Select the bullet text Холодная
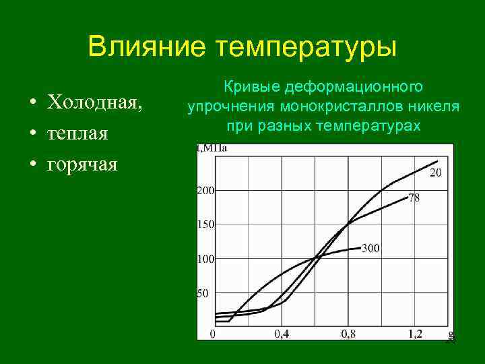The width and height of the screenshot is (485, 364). [94, 102]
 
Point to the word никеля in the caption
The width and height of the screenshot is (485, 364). [437, 107]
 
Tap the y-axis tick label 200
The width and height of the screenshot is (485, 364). [205, 191]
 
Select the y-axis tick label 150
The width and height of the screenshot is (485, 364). [205, 224]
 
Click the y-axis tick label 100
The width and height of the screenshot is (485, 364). [205, 259]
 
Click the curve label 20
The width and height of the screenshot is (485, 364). [436, 173]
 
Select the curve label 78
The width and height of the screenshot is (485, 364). [414, 199]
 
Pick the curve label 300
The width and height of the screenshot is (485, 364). [370, 249]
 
